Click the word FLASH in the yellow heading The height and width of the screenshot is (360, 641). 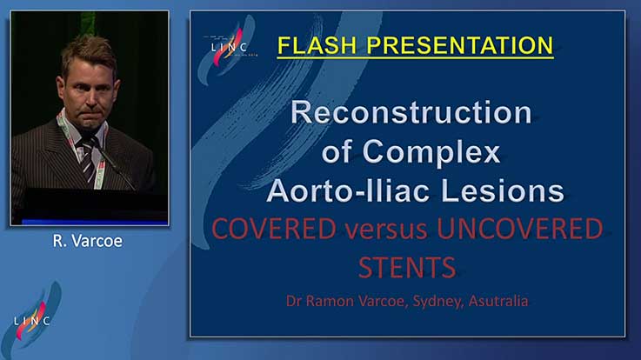[x=317, y=45]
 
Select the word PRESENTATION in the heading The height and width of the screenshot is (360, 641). [x=460, y=45]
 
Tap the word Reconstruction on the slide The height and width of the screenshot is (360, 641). [x=411, y=112]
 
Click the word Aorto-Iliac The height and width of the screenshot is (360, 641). [x=349, y=190]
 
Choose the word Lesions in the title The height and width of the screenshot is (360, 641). [x=503, y=190]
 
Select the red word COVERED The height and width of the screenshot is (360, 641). [x=274, y=229]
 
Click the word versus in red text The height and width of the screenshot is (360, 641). [x=386, y=231]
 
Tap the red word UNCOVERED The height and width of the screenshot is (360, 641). [x=520, y=229]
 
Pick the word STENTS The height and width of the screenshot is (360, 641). [x=407, y=268]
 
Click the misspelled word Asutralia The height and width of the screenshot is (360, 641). [x=498, y=301]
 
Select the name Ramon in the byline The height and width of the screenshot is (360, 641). [x=330, y=301]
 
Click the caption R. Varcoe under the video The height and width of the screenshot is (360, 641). [x=88, y=241]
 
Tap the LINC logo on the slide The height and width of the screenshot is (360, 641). [x=229, y=48]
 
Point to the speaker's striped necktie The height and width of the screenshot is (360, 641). [x=88, y=162]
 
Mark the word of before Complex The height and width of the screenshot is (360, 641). [x=337, y=151]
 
